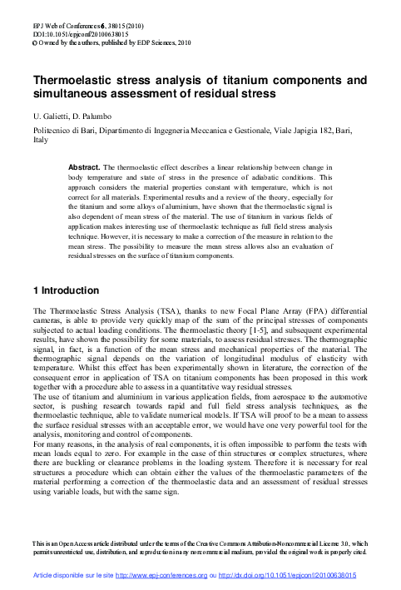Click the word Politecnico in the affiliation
(x=52, y=131)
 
